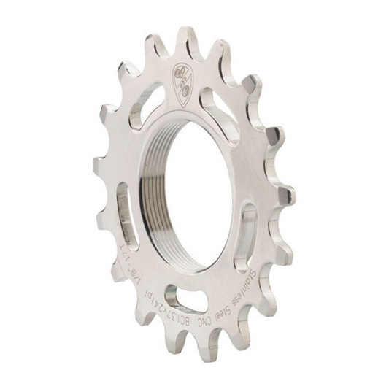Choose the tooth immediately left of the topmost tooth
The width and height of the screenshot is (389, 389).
[x=155, y=47]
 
